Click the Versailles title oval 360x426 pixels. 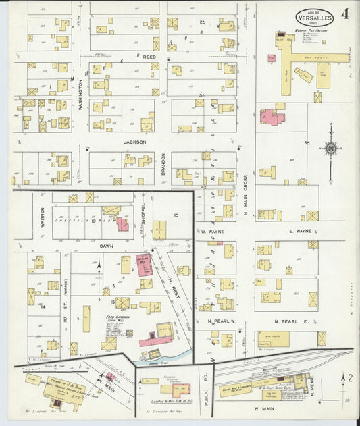[x=314, y=17]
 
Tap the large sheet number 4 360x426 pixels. [x=344, y=14]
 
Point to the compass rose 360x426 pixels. [x=330, y=149]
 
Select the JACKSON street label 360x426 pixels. [x=134, y=142]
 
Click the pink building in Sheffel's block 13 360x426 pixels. [x=122, y=224]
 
